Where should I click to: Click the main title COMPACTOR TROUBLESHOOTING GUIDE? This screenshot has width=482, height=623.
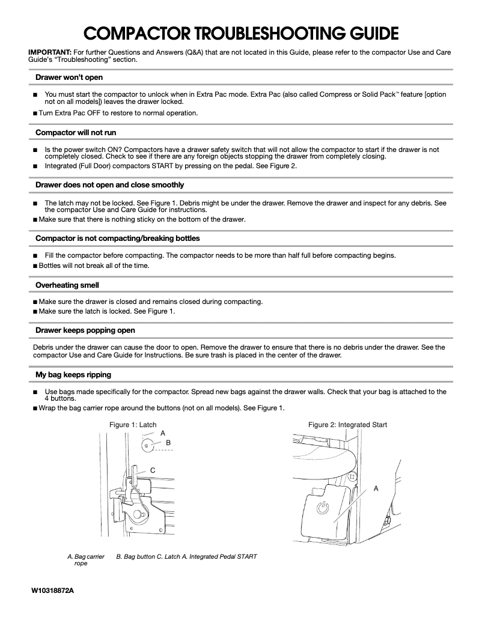(240, 32)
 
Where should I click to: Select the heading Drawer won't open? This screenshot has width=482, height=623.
(69, 77)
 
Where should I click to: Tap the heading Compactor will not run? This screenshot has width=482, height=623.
(76, 132)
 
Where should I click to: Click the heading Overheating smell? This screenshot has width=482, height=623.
(67, 285)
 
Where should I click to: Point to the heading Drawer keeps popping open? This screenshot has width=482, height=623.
(85, 330)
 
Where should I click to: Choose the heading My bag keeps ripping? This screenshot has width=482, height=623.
(73, 375)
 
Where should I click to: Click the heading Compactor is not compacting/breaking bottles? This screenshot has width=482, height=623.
(117, 239)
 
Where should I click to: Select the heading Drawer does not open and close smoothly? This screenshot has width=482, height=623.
(109, 184)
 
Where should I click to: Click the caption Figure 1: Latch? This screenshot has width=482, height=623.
(132, 425)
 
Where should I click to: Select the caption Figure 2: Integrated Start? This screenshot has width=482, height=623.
(347, 425)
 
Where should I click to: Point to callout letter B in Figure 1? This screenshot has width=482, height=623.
(168, 442)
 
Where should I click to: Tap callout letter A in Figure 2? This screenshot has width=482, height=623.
(376, 488)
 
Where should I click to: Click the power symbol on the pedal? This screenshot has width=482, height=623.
(323, 508)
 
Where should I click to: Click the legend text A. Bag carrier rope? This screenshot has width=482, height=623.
(86, 560)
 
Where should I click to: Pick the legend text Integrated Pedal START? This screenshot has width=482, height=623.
(222, 556)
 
